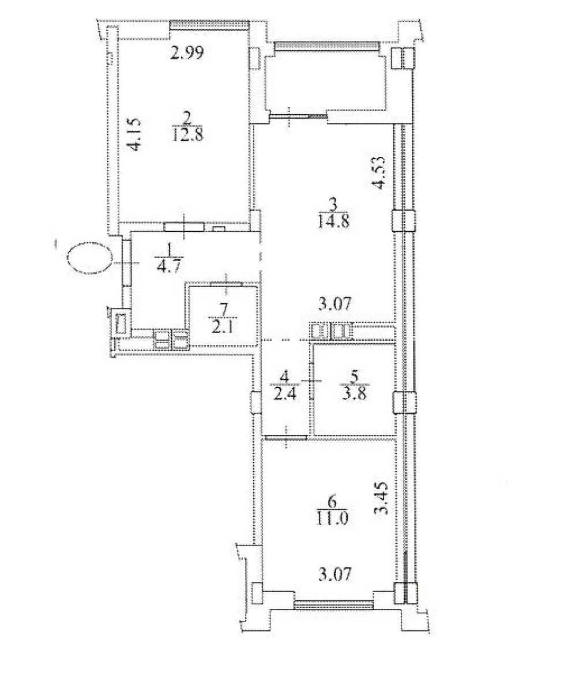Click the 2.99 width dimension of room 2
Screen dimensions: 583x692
(186, 53)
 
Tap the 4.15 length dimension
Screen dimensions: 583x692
(134, 135)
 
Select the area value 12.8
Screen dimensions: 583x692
(187, 135)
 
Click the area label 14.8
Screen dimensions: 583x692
(333, 221)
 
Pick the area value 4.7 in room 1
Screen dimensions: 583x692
(169, 266)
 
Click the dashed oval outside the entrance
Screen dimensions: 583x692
(90, 258)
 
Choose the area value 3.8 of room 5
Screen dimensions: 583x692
(355, 394)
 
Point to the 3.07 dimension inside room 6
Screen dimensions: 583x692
(334, 575)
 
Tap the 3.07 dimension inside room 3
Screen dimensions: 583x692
(334, 304)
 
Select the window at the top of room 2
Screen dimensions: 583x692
(209, 25)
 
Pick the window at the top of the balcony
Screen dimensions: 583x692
(327, 46)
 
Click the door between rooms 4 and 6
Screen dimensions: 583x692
(285, 438)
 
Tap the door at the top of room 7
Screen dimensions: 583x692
(227, 284)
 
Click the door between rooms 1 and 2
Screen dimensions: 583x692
(184, 227)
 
